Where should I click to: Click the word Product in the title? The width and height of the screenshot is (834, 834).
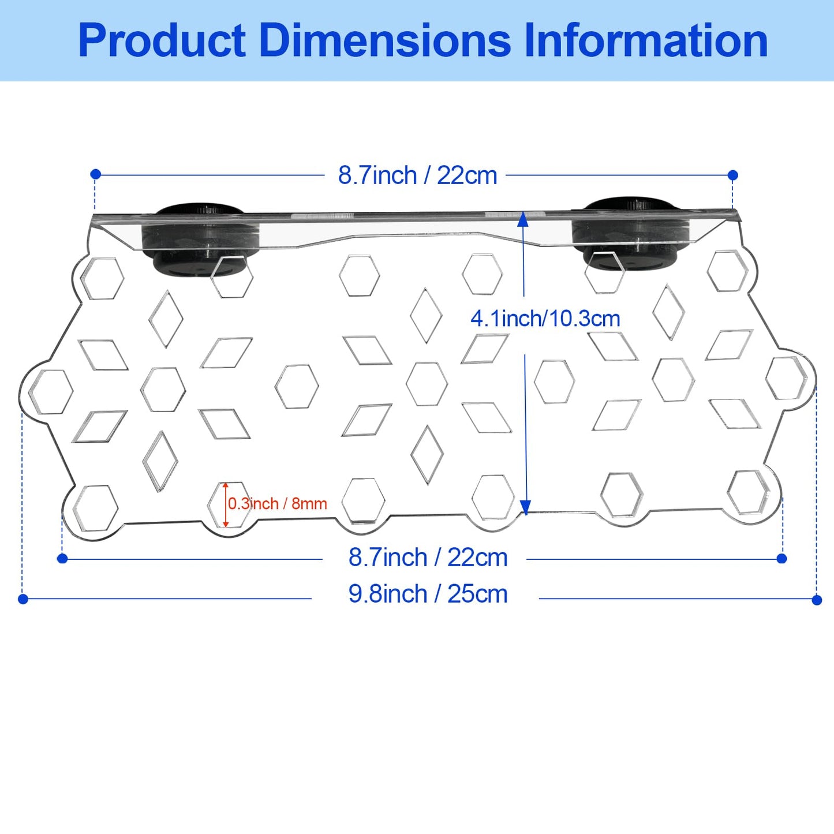(x=162, y=40)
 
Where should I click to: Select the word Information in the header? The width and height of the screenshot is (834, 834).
(x=646, y=40)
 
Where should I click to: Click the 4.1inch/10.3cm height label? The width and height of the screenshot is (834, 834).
(x=545, y=319)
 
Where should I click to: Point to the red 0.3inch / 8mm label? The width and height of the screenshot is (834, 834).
(x=278, y=503)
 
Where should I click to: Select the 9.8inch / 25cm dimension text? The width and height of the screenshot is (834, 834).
(x=428, y=594)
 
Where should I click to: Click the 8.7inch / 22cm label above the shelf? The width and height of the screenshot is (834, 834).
(x=417, y=175)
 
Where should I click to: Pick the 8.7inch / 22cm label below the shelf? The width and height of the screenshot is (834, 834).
(x=428, y=558)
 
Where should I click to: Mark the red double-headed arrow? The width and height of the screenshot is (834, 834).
(x=226, y=505)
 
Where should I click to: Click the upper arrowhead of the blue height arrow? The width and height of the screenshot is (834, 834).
(x=523, y=219)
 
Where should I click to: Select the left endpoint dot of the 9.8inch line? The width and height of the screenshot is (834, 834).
(x=23, y=599)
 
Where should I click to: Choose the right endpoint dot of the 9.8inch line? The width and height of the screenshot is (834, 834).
(x=817, y=600)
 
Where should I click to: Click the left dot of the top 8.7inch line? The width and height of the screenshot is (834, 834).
(x=96, y=174)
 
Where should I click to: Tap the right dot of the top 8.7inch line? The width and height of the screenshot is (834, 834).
(x=733, y=175)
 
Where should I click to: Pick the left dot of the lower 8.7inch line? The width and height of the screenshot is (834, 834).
(x=62, y=558)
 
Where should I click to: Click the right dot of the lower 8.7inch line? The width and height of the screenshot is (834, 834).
(x=781, y=558)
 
